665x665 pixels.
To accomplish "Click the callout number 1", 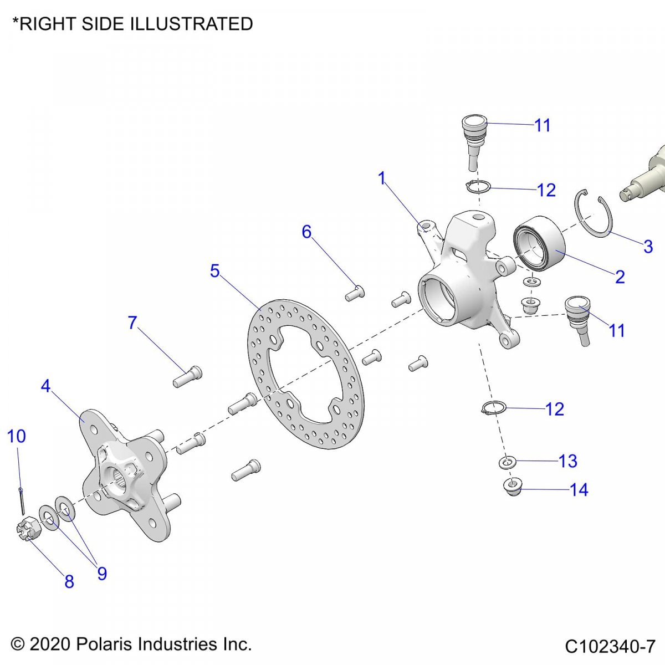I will pos(382,178).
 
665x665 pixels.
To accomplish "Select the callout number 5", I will pos(215,271).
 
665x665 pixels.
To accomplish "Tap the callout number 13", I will pos(568,461).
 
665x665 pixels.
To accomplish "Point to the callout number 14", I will pos(579,490).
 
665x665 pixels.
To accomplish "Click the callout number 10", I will pos(17,436).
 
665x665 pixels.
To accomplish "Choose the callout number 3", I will pos(648,247).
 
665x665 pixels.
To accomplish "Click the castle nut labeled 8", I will pos(27,529).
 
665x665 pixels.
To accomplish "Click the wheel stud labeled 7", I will pos(187,377).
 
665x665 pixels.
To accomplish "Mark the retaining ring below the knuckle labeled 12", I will pos(492,409).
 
